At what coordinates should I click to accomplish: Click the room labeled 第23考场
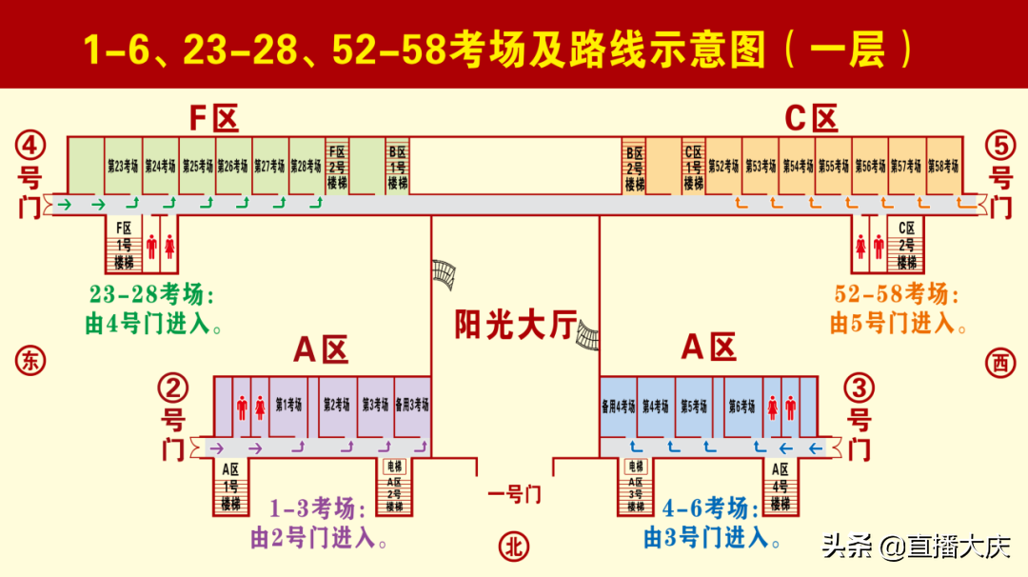(x=122, y=166)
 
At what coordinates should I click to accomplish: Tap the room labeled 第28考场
(x=306, y=166)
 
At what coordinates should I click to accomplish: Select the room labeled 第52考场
(x=723, y=166)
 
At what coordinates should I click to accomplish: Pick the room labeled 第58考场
(x=942, y=166)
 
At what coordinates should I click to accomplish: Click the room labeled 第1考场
(x=288, y=405)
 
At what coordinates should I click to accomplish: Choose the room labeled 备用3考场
(x=411, y=405)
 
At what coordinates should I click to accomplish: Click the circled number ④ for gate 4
(x=30, y=146)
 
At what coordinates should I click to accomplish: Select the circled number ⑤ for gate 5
(x=1000, y=146)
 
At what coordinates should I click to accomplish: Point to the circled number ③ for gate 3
(x=860, y=388)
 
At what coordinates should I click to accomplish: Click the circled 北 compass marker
(x=514, y=546)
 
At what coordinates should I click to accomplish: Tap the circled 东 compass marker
(x=30, y=361)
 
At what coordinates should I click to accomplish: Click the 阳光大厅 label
(x=515, y=327)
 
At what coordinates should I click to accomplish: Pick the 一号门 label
(x=514, y=494)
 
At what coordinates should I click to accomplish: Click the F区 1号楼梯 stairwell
(x=124, y=246)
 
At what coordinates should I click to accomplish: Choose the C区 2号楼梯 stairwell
(x=907, y=246)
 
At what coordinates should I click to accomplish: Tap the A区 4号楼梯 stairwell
(x=781, y=487)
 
